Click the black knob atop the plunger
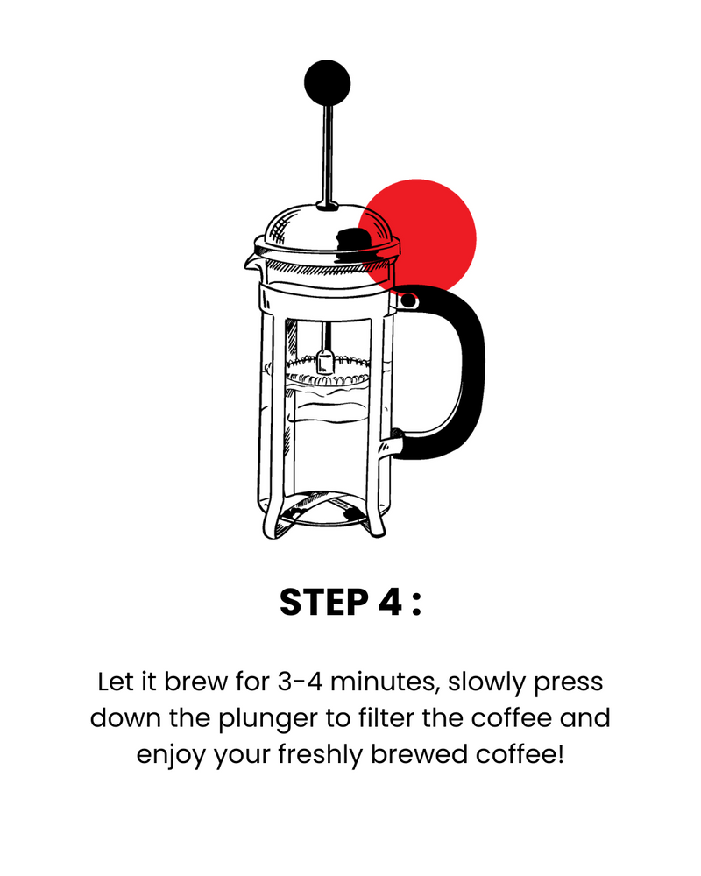click(x=327, y=82)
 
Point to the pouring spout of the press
click(x=251, y=262)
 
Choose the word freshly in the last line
click(x=321, y=755)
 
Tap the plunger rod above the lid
click(x=328, y=157)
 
